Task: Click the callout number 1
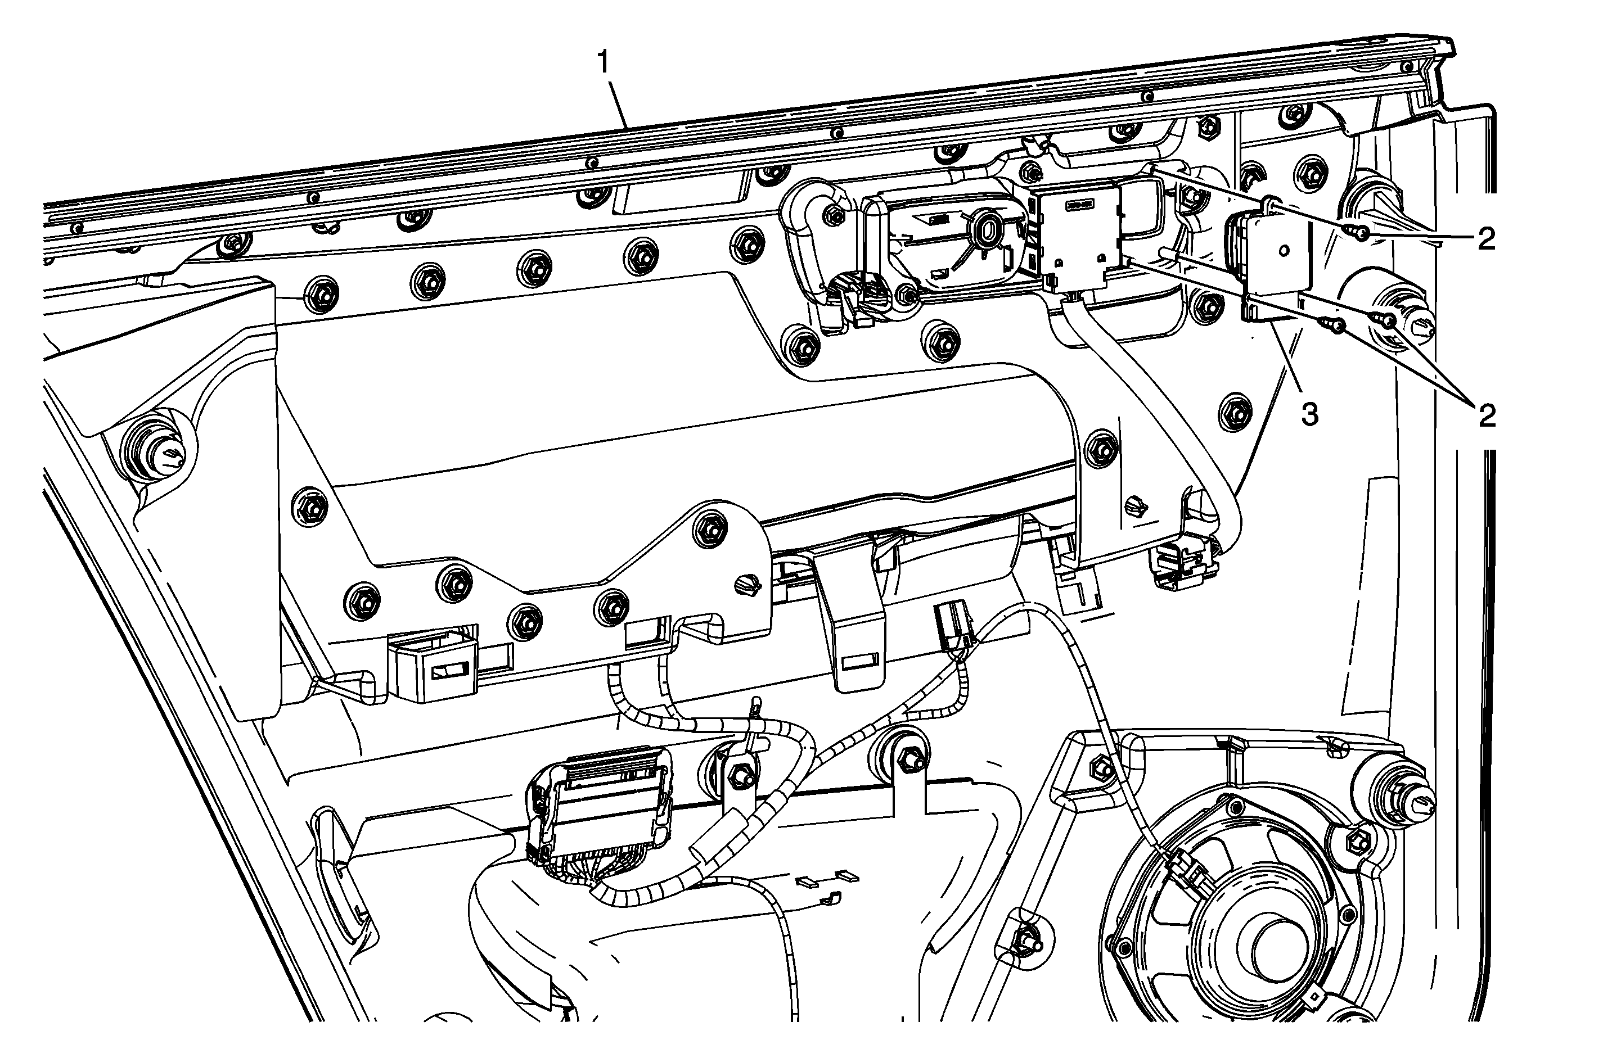point(603,64)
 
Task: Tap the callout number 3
point(1309,415)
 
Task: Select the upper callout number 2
point(1486,239)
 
